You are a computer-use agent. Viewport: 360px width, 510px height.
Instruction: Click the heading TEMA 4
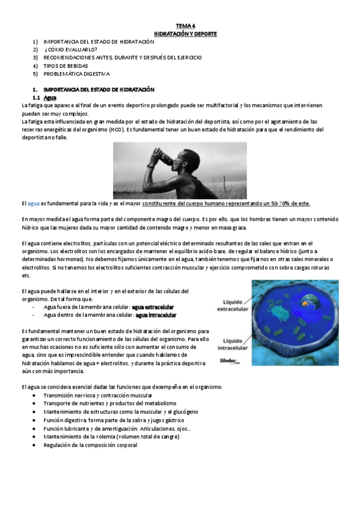tap(182, 26)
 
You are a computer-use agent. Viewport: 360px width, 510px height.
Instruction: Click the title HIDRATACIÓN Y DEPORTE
tap(182, 34)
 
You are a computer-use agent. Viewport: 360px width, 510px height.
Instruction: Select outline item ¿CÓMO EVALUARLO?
tap(70, 49)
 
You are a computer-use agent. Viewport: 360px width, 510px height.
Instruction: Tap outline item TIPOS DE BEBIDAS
tap(66, 66)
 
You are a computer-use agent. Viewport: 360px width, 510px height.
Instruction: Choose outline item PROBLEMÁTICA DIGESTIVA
tap(77, 73)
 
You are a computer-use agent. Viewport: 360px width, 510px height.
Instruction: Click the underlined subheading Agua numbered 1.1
tap(50, 97)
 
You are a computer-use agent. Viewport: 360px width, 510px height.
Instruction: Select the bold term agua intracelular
tap(156, 315)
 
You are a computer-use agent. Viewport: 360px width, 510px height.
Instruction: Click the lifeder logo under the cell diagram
tap(230, 361)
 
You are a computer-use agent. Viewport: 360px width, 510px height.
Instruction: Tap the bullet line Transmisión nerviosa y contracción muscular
tap(98, 396)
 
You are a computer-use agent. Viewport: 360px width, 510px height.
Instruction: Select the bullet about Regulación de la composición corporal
tap(90, 445)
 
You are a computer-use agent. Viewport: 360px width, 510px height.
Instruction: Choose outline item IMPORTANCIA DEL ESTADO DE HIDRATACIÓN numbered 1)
tap(99, 41)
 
